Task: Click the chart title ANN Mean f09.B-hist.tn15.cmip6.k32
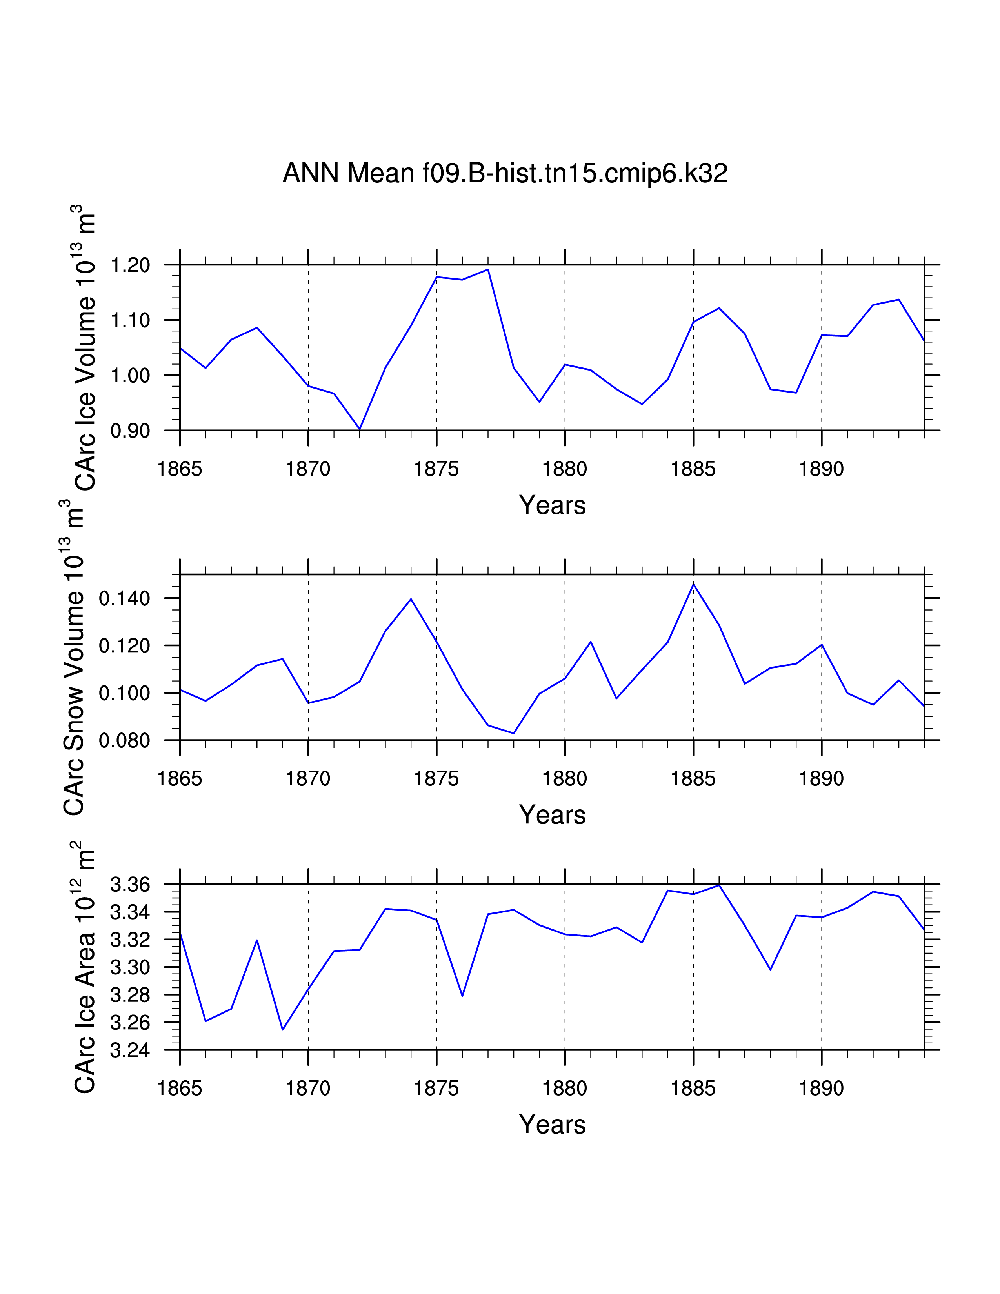505,173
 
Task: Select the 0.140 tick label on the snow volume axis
124,598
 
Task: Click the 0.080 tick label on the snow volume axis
124,741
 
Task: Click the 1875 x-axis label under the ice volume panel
436,469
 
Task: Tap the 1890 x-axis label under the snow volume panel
821,778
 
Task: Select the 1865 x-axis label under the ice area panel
180,1089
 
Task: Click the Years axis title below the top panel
552,505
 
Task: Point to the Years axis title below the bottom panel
552,1125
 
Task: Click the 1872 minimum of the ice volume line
360,429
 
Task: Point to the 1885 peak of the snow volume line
693,584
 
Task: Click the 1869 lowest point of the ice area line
283,1030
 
